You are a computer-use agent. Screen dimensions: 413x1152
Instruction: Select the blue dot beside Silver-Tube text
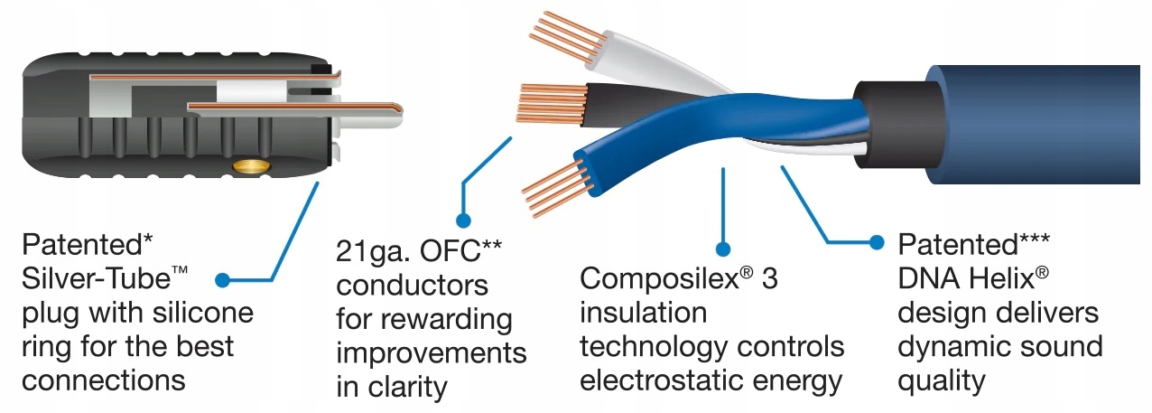tap(223, 280)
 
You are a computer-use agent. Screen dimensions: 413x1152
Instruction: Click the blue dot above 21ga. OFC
tap(465, 220)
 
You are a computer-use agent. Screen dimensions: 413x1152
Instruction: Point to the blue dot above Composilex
tap(722, 247)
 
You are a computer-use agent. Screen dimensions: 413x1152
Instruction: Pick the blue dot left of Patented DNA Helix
tap(875, 242)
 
